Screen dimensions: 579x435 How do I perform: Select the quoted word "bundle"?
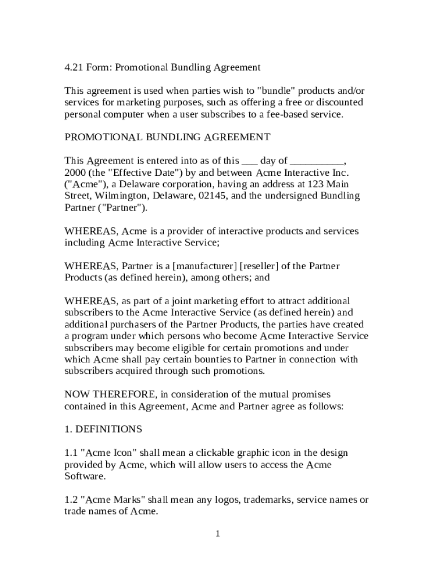click(x=276, y=91)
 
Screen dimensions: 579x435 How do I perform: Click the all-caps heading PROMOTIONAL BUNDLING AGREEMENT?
click(x=167, y=137)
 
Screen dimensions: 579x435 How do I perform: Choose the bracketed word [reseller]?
click(x=264, y=266)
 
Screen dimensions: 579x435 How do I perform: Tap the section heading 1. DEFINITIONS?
click(x=103, y=429)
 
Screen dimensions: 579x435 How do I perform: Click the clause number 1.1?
click(x=71, y=453)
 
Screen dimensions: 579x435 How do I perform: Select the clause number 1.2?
click(x=71, y=500)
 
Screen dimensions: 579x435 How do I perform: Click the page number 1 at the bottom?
click(x=217, y=534)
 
